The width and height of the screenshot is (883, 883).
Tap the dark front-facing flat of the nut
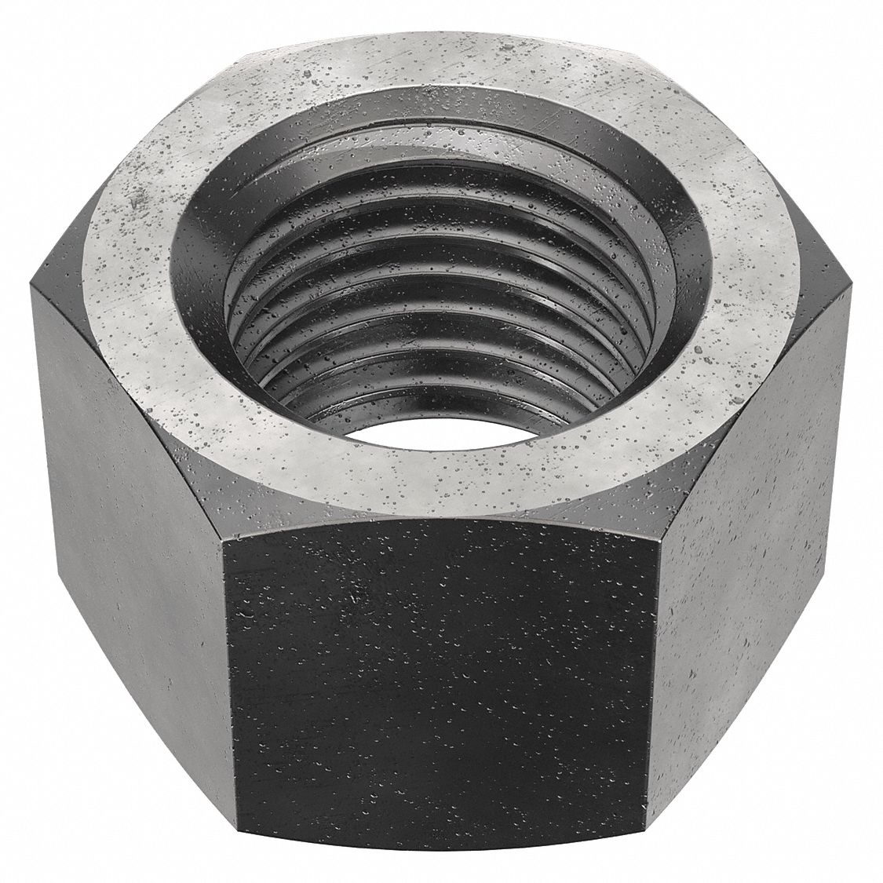coord(440,675)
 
